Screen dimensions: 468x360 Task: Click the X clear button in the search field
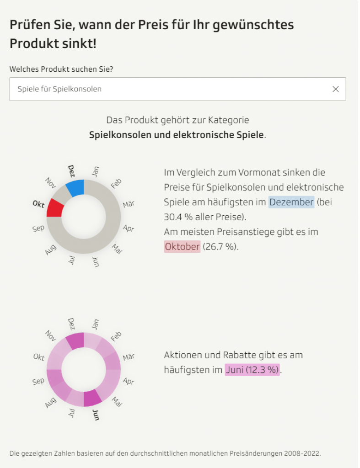click(336, 89)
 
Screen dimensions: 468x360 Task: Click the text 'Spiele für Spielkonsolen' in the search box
click(59, 89)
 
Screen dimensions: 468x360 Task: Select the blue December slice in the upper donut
click(75, 187)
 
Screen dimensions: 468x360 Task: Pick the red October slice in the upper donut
click(55, 208)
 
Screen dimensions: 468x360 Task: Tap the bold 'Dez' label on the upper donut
click(71, 171)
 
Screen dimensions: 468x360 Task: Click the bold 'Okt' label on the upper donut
click(38, 203)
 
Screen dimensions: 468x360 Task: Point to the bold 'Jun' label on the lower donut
click(96, 415)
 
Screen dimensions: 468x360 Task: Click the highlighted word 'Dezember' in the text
click(291, 202)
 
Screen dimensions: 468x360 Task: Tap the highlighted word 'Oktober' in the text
click(182, 247)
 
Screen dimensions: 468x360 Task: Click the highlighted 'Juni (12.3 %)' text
click(252, 370)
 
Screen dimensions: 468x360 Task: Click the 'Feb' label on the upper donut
click(116, 184)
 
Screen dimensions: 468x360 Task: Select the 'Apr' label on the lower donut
click(129, 381)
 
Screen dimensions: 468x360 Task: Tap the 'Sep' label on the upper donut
click(38, 228)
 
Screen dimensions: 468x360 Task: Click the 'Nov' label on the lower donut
click(50, 336)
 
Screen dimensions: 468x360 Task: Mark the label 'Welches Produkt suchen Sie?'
click(61, 69)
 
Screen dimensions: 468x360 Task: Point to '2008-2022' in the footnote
click(302, 453)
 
